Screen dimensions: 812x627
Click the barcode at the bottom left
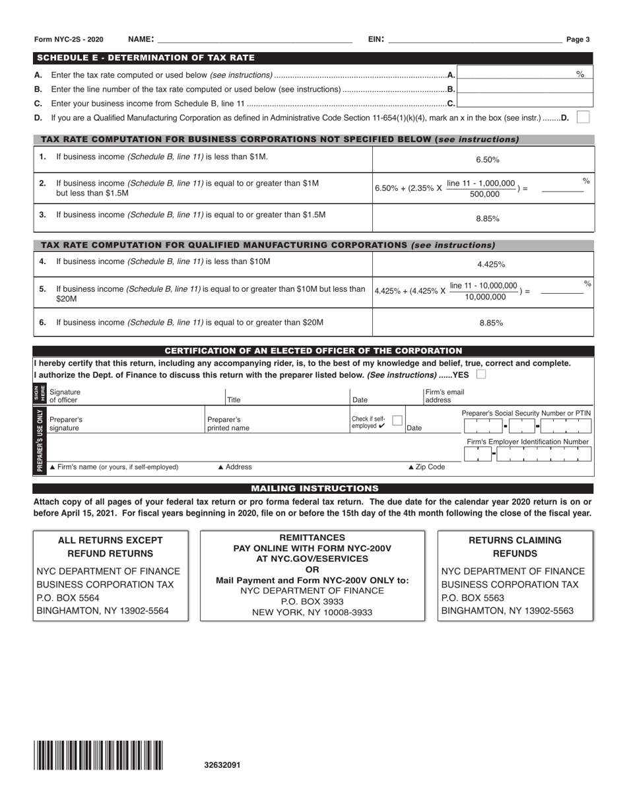[x=98, y=756]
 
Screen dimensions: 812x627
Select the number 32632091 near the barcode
[x=222, y=765]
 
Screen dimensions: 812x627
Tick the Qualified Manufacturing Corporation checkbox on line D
[x=583, y=117]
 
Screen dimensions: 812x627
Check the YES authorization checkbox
[x=481, y=375]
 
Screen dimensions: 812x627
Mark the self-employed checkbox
[x=397, y=420]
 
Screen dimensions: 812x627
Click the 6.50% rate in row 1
[x=487, y=160]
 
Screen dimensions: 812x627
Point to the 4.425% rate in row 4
[x=490, y=264]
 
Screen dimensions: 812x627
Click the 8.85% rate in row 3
[x=487, y=219]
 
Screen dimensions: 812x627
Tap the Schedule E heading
[x=146, y=58]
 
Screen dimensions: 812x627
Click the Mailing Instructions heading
[x=313, y=489]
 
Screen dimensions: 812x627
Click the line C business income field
[x=525, y=102]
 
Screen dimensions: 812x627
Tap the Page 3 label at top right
[x=578, y=40]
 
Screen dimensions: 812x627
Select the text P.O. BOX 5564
[x=68, y=597]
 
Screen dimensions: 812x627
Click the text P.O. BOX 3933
[x=312, y=601]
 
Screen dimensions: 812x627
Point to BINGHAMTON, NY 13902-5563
[x=507, y=611]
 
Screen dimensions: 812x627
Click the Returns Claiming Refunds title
[x=515, y=547]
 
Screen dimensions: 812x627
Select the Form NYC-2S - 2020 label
[x=69, y=40]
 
